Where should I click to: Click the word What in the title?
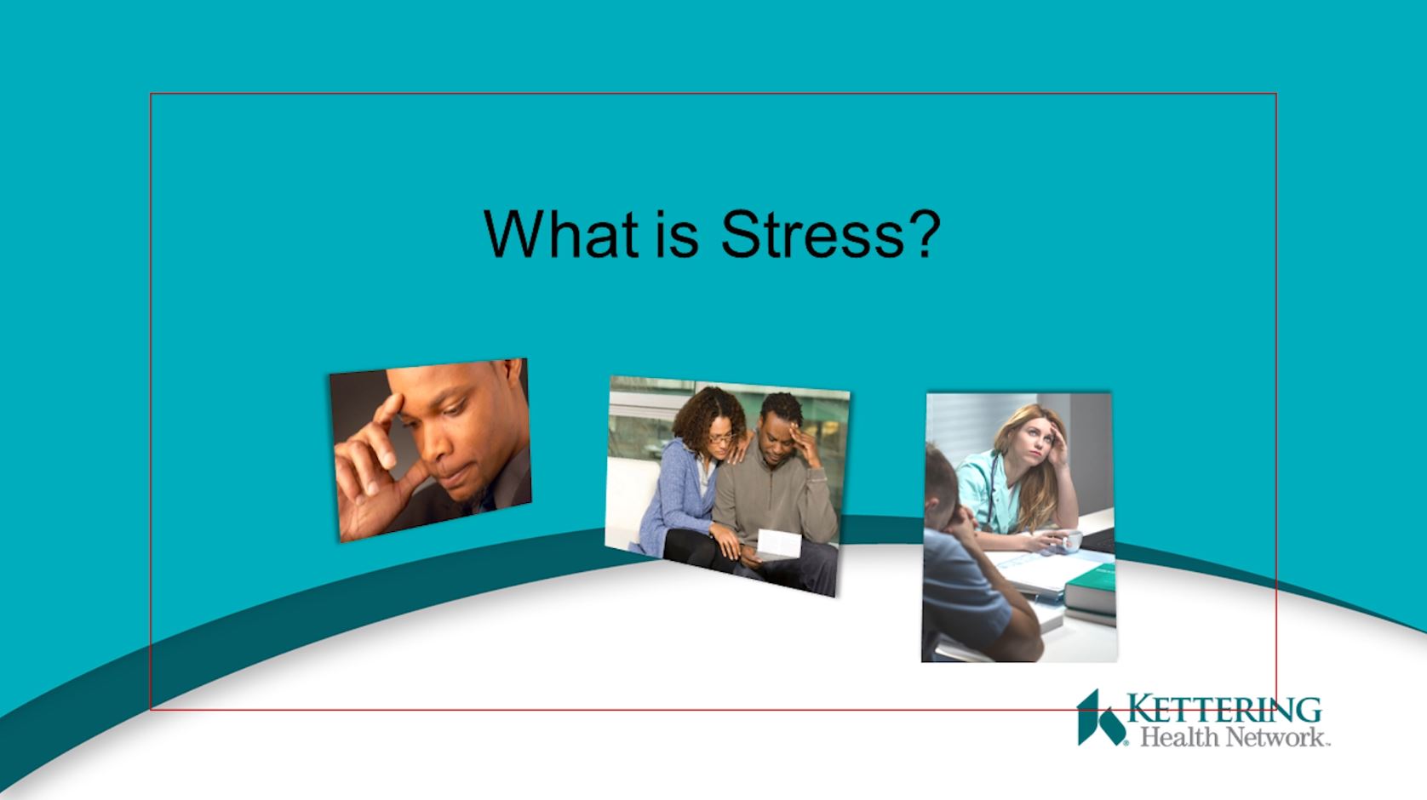click(x=561, y=234)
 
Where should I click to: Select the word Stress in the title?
click(x=812, y=234)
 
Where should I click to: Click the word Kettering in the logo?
click(x=1224, y=709)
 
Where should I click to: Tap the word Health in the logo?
click(x=1180, y=737)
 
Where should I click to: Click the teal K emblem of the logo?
click(x=1100, y=717)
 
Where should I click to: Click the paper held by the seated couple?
click(x=778, y=544)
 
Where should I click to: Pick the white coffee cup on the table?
click(x=1070, y=540)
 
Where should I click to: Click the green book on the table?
click(x=1090, y=586)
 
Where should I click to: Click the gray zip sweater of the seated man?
click(x=774, y=497)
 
